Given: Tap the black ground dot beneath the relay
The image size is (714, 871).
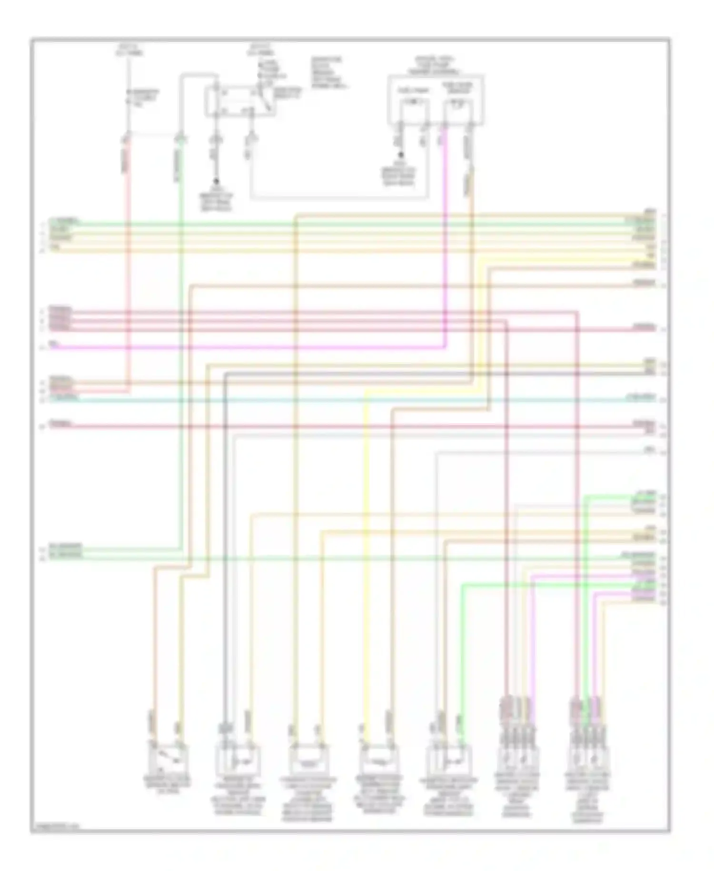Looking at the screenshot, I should (x=217, y=182).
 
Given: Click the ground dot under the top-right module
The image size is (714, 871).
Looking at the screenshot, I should (x=401, y=155).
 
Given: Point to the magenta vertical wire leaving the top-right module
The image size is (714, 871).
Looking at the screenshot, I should (x=446, y=238).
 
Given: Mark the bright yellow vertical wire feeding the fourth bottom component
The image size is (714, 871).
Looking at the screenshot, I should (x=366, y=572).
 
